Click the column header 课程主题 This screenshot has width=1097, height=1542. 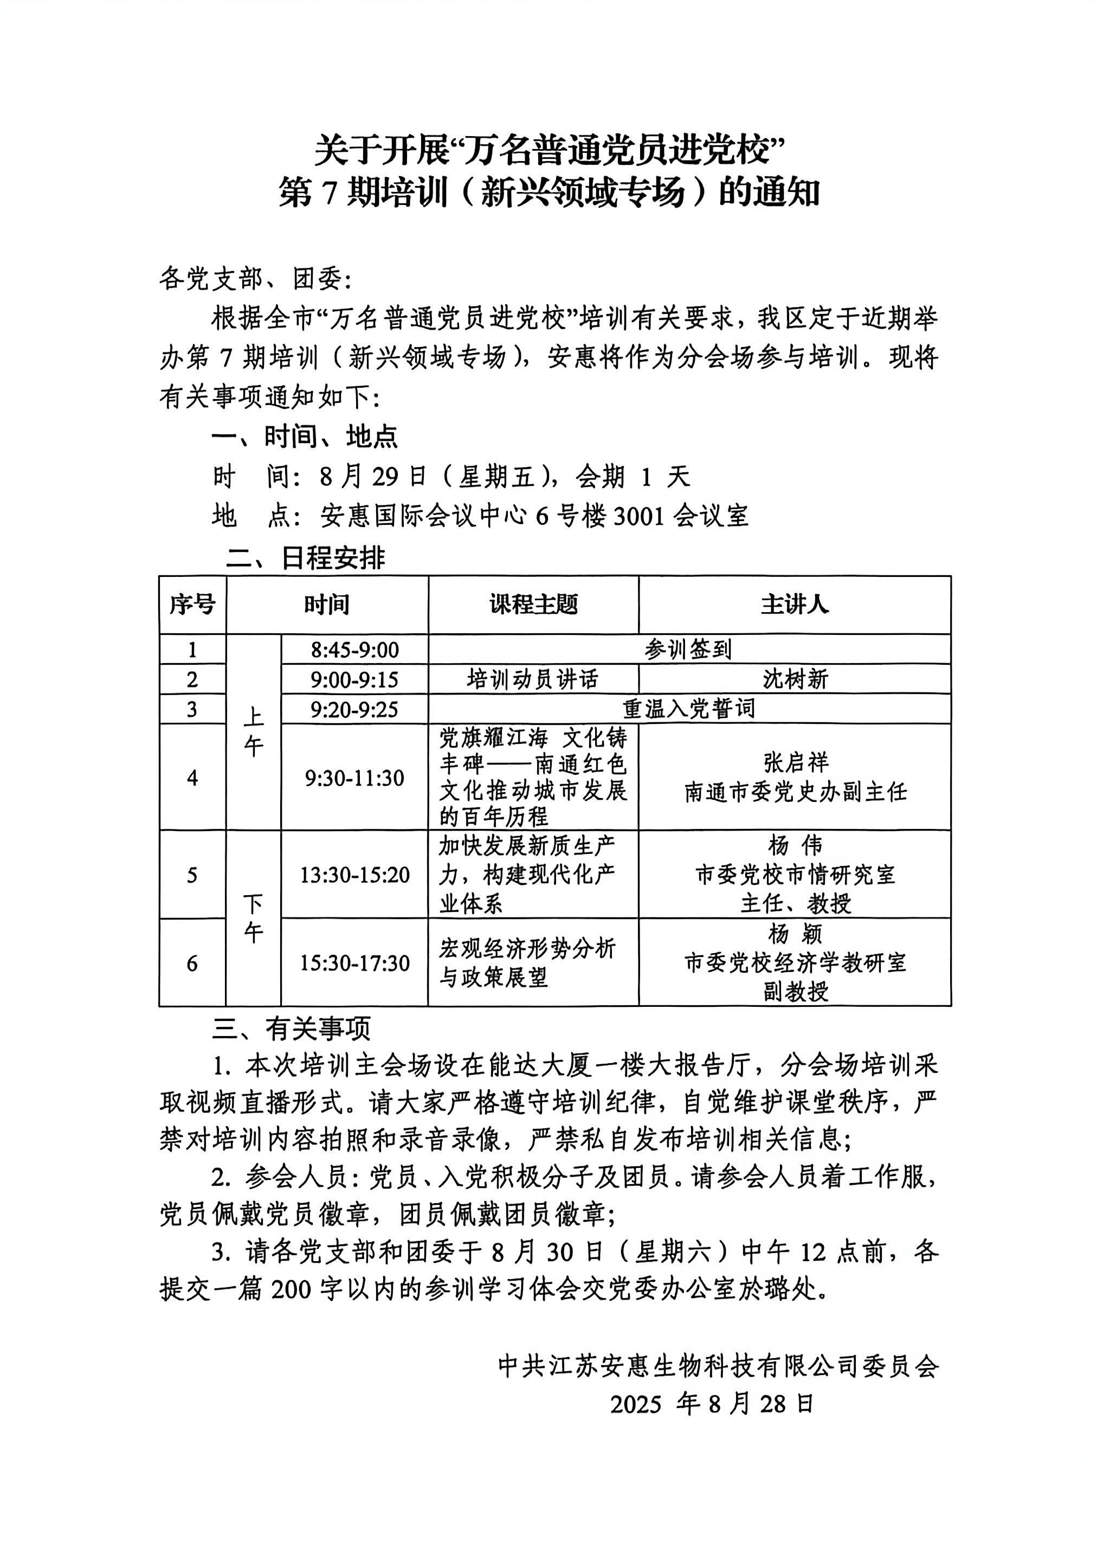534,604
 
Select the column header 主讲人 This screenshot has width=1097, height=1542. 795,604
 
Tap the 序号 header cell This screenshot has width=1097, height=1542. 192,604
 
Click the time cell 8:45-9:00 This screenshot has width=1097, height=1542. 354,650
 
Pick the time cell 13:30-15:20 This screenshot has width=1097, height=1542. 354,875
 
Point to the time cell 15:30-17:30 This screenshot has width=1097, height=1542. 354,963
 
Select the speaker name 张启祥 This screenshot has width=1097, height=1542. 796,763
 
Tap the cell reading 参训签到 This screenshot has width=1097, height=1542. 688,650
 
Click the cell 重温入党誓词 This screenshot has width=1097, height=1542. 688,709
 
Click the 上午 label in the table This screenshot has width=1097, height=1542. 253,732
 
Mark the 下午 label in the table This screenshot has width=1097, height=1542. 253,918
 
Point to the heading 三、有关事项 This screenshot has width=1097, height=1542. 291,1029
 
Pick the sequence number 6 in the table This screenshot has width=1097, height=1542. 192,963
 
